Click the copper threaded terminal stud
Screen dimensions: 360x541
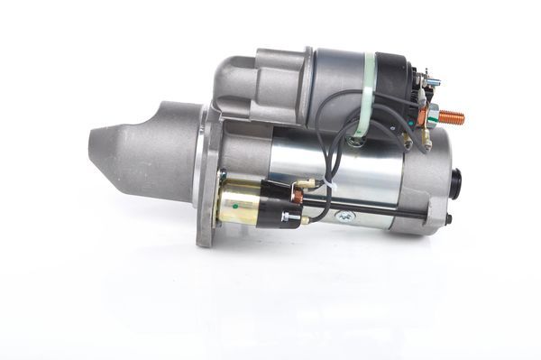[x=450, y=116]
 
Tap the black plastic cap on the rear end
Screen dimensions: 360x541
[x=456, y=182]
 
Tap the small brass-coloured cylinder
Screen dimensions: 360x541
[x=238, y=202]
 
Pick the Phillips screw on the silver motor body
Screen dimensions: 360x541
[x=344, y=217]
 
